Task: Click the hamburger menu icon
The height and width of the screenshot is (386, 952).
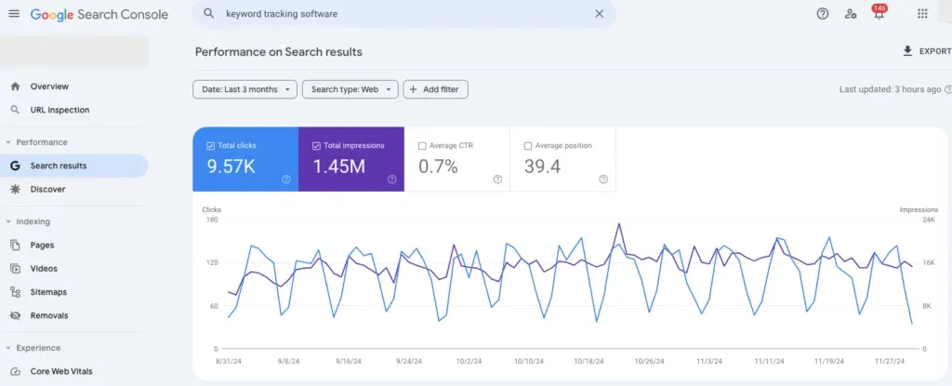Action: [13, 14]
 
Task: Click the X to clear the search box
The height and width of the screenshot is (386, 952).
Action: [599, 14]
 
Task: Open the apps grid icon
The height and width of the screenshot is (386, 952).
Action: [922, 14]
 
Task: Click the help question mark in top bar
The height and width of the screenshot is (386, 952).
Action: [822, 14]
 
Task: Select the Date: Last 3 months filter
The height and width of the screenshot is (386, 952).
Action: [245, 89]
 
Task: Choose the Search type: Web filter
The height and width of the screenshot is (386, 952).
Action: [350, 89]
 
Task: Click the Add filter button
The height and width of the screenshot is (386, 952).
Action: [435, 89]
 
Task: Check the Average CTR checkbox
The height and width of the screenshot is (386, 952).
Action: [422, 146]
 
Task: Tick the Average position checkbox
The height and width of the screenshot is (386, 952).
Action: [528, 146]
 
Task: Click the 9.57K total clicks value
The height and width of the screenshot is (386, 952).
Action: [231, 166]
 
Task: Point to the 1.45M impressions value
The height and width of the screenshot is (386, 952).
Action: [339, 166]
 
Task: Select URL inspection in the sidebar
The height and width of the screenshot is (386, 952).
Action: [59, 110]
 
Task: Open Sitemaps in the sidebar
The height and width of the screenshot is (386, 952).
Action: [48, 292]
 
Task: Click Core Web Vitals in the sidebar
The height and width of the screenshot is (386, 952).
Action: [61, 371]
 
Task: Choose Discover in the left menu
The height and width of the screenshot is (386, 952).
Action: [47, 189]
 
